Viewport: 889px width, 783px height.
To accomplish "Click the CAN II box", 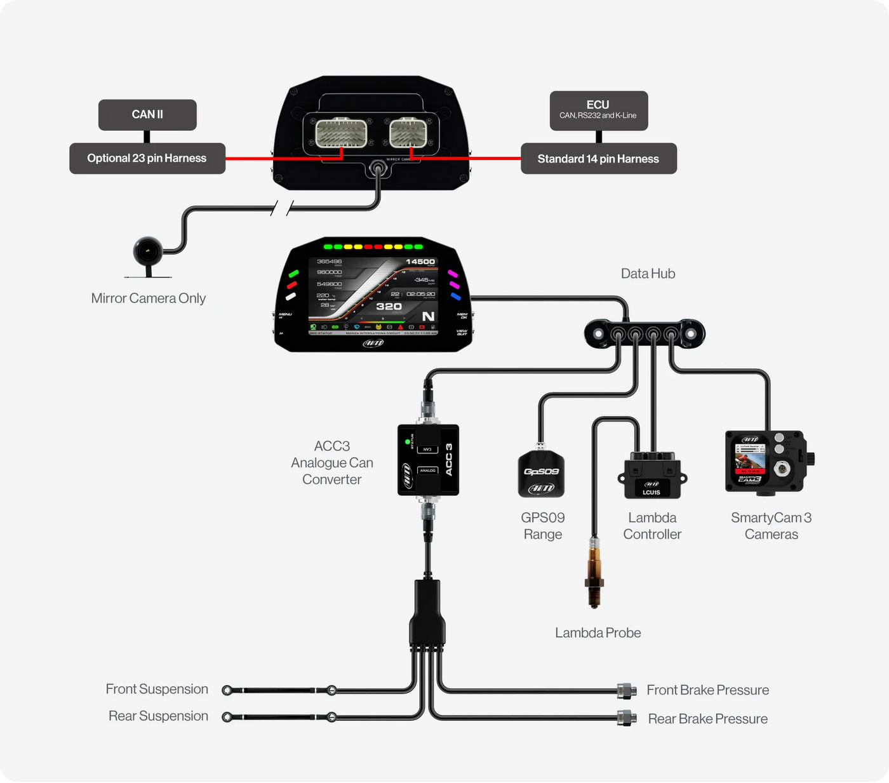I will [x=147, y=115].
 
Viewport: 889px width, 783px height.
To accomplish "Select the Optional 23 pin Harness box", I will [x=147, y=158].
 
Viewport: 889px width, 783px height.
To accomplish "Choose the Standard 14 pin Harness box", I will [x=598, y=159].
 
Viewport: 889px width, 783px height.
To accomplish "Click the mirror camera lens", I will [x=148, y=251].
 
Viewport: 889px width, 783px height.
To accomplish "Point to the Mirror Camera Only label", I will [x=148, y=298].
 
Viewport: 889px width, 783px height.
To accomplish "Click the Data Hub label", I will [x=648, y=274].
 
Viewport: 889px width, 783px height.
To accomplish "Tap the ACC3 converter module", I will [x=428, y=460].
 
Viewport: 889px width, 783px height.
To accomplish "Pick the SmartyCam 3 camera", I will [x=767, y=462].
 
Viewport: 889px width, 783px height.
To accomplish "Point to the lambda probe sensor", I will [x=594, y=572].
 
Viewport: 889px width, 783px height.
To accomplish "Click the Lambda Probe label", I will [x=598, y=632].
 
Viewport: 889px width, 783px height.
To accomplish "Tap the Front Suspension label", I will [x=157, y=689].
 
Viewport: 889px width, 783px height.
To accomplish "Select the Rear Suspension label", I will [x=158, y=716].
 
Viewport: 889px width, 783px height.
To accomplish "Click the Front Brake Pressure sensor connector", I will [x=627, y=690].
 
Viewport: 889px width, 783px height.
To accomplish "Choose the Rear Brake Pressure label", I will [x=707, y=719].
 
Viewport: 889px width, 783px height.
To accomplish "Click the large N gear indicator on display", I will [x=429, y=316].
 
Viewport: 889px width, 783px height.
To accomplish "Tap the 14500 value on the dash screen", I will [x=420, y=262].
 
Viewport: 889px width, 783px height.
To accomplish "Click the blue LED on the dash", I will [x=455, y=296].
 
